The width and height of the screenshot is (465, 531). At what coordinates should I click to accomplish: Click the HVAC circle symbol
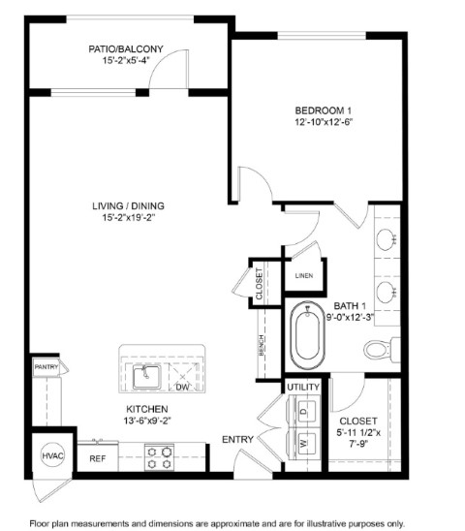[x=52, y=455]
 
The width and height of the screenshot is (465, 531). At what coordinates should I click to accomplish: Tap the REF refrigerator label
[x=98, y=458]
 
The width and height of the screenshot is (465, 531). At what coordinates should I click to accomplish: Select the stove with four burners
[x=159, y=457]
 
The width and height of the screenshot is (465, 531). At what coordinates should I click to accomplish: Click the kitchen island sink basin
[x=146, y=377]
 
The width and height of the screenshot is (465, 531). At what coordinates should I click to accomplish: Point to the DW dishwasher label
[x=182, y=387]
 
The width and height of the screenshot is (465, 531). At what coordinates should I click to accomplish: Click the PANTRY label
[x=46, y=366]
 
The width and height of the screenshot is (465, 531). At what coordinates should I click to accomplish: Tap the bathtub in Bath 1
[x=307, y=336]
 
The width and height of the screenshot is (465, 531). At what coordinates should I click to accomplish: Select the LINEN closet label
[x=304, y=275]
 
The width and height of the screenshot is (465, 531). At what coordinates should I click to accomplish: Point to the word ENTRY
[x=237, y=440]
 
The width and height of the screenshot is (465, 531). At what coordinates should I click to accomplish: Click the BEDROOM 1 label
[x=324, y=110]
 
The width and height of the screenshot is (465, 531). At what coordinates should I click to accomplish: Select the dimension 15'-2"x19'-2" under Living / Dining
[x=129, y=217]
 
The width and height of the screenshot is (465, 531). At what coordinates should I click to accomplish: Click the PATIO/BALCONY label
[x=126, y=49]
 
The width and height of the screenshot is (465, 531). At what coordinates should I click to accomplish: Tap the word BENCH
[x=262, y=345]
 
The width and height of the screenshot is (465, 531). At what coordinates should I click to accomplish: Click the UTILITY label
[x=303, y=387]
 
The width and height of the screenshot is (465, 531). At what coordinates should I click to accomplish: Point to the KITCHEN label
[x=147, y=409]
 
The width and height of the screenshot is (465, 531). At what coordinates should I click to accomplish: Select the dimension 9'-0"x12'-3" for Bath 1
[x=350, y=317]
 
